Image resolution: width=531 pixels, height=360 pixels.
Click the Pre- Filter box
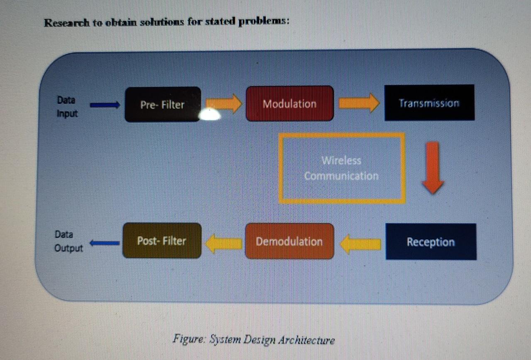click(x=162, y=104)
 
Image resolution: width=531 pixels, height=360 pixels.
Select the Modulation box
click(x=289, y=103)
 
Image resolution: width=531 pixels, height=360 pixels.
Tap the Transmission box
click(x=429, y=103)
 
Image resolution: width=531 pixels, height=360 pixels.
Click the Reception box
click(x=431, y=242)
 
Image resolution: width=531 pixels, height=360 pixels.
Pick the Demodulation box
click(x=289, y=241)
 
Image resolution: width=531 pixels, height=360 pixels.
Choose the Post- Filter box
click(x=162, y=240)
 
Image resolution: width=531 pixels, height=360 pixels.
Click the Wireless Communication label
click(x=341, y=168)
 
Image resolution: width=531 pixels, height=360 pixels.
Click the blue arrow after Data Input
click(x=105, y=106)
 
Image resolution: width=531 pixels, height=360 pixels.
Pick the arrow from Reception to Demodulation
click(x=360, y=243)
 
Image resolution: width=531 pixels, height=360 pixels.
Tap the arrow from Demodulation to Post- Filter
click(x=223, y=242)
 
